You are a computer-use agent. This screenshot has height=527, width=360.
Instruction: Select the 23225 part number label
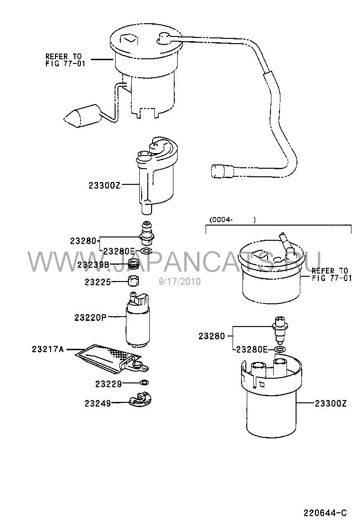(x=98, y=282)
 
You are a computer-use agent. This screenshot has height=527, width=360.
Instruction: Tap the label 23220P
(x=90, y=317)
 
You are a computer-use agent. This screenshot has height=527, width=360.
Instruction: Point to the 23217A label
(x=48, y=349)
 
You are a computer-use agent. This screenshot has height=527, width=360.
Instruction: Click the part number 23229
(x=108, y=383)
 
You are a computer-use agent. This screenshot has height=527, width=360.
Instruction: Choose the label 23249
(x=98, y=403)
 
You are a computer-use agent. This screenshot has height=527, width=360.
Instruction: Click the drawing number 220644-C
(x=325, y=513)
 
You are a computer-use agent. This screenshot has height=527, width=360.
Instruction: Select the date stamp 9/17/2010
(x=180, y=281)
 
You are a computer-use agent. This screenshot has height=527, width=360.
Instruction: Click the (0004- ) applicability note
(x=233, y=220)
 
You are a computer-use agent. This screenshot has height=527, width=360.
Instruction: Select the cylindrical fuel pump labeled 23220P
(x=138, y=319)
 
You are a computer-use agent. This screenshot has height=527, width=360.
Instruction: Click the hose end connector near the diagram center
(x=222, y=171)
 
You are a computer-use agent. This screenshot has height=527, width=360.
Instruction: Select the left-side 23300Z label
(x=104, y=185)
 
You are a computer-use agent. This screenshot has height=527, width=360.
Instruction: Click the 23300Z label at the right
(x=331, y=403)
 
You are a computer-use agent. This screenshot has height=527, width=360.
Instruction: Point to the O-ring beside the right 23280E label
(x=280, y=350)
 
